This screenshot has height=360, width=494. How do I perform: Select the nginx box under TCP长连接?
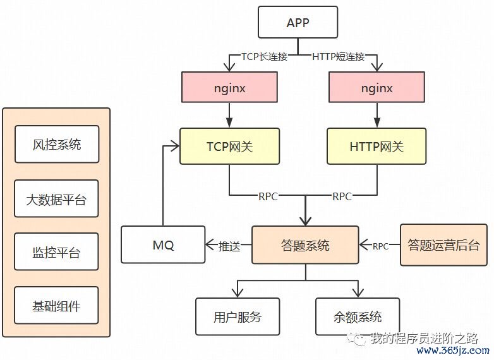pos(229,87)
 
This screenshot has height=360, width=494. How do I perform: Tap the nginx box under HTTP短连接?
pos(377,87)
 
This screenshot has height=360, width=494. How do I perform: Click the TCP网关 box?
pos(229,147)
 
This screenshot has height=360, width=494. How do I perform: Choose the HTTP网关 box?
pos(377,147)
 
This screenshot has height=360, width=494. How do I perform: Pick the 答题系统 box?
pos(305,245)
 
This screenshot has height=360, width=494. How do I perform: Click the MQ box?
pos(162,245)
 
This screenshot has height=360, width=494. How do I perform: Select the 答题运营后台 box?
pos(443,245)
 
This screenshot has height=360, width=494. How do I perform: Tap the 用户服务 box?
pos(238,316)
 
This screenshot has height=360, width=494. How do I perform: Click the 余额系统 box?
pos(358,316)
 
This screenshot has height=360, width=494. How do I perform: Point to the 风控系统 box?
pos(57,144)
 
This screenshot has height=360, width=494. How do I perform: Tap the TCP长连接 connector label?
pos(265,56)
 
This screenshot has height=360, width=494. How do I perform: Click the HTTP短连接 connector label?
pos(339,56)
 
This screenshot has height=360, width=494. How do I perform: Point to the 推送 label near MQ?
pos(229,246)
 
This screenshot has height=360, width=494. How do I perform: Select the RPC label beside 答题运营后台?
pos(381,246)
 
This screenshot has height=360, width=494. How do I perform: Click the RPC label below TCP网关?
pos(268,196)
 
